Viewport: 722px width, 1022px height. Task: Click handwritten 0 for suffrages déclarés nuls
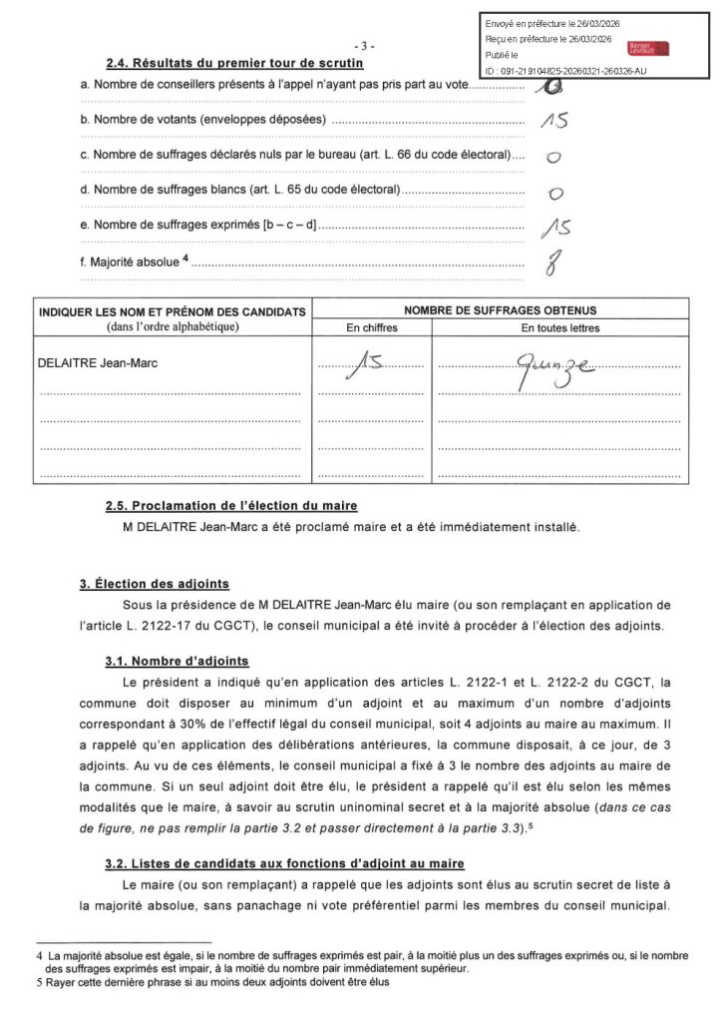[x=552, y=157]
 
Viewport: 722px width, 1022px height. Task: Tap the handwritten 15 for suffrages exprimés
[x=553, y=228]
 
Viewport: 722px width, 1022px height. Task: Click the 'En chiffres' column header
[x=371, y=327]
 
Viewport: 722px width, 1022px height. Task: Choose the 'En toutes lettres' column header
[x=559, y=327]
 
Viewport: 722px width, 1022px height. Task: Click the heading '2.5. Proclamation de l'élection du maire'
[x=231, y=506]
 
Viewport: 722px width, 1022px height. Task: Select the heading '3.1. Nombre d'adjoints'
[x=177, y=661]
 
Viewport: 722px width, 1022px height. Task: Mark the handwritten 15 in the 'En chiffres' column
[x=368, y=370]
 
